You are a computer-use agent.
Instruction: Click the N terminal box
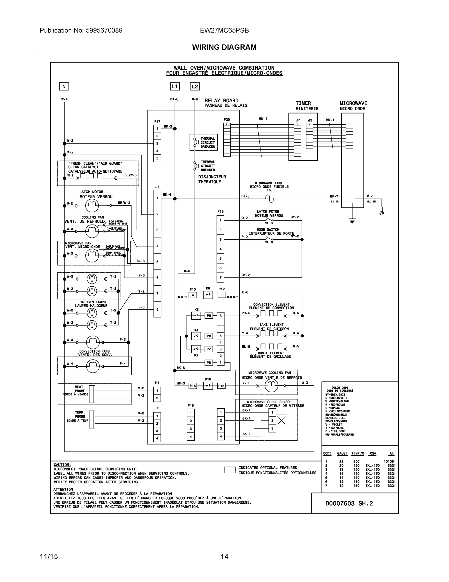pyautogui.click(x=64, y=86)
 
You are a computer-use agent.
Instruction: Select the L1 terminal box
pyautogui.click(x=175, y=86)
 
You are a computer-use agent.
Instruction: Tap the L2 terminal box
pyautogui.click(x=195, y=86)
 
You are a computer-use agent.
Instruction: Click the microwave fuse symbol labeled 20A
pyautogui.click(x=269, y=199)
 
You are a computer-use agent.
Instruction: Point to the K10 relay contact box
pyautogui.click(x=208, y=386)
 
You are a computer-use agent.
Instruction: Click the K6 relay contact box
pyautogui.click(x=208, y=295)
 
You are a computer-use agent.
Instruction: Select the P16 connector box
pyautogui.click(x=193, y=386)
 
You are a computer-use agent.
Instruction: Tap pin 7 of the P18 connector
pyautogui.click(x=220, y=277)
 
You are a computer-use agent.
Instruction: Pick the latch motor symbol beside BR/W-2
pyautogui.click(x=92, y=205)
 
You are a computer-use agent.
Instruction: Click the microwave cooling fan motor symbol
pyautogui.click(x=271, y=385)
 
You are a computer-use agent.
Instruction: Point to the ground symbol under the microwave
pyautogui.click(x=352, y=221)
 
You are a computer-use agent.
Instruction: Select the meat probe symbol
pyautogui.click(x=92, y=394)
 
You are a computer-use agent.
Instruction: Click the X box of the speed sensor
pyautogui.click(x=282, y=420)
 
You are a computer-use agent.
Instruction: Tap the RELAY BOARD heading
pyautogui.click(x=221, y=100)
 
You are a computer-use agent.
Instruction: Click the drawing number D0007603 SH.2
pyautogui.click(x=349, y=503)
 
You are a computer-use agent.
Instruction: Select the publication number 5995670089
pyautogui.click(x=104, y=30)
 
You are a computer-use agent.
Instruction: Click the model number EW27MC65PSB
pyautogui.click(x=224, y=30)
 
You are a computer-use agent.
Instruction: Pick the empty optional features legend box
pyautogui.click(x=229, y=470)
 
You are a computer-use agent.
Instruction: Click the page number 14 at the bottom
pyautogui.click(x=224, y=557)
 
